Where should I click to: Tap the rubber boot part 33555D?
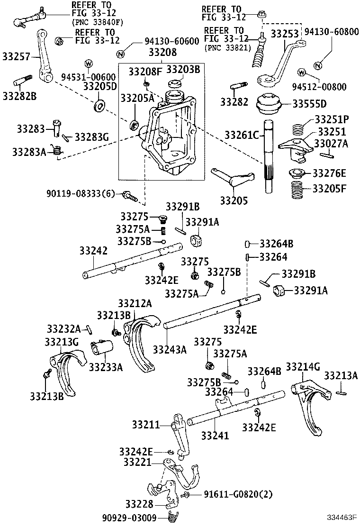(x=269, y=105)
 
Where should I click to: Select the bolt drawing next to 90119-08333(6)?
(x=128, y=194)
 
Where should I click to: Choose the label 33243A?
(x=169, y=350)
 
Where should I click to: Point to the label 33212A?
(x=135, y=303)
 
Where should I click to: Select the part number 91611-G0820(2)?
(x=232, y=494)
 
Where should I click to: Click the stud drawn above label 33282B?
(x=23, y=80)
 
